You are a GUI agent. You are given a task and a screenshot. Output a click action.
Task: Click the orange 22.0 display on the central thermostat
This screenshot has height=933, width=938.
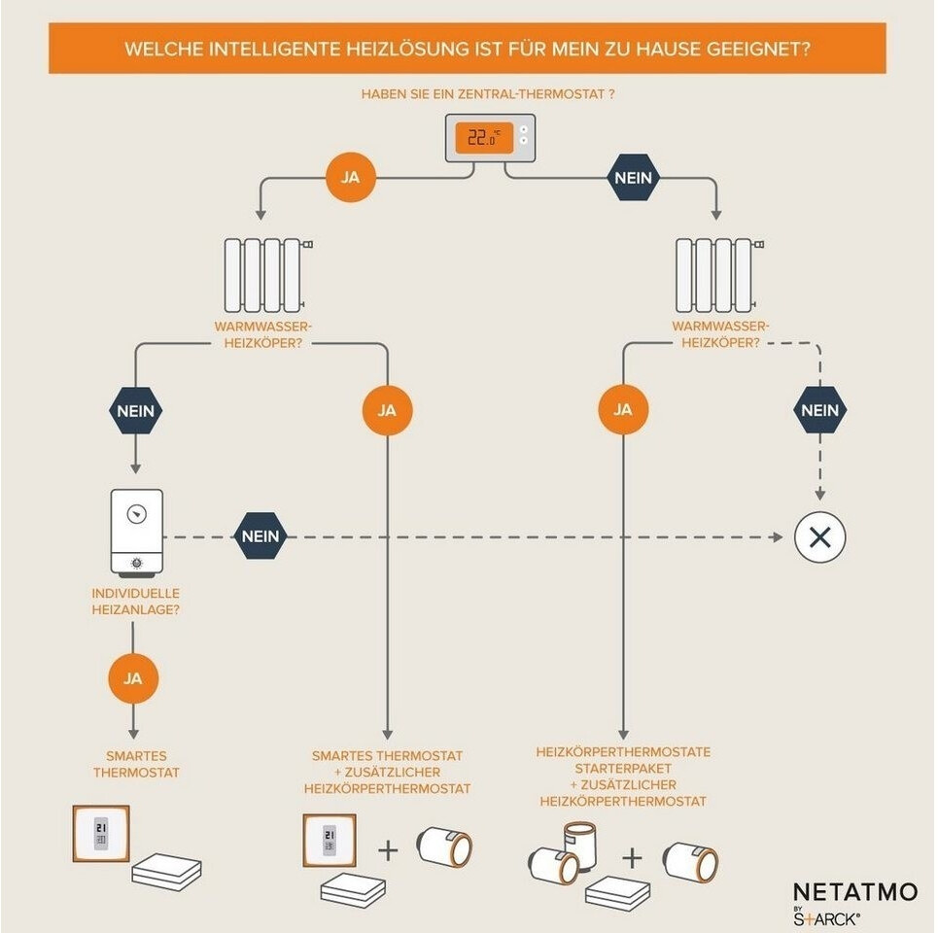[x=484, y=138]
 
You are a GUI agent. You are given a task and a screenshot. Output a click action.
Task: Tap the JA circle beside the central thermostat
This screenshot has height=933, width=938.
[x=351, y=178]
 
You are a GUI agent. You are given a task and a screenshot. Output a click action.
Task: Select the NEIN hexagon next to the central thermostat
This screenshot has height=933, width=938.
[x=633, y=178]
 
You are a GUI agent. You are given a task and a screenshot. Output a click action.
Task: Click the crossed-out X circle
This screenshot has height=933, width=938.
[x=819, y=537]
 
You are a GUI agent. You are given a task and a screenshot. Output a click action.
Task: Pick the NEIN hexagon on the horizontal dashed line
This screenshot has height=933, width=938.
[x=261, y=536]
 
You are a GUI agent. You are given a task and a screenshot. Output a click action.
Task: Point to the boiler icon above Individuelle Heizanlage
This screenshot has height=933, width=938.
[x=136, y=533]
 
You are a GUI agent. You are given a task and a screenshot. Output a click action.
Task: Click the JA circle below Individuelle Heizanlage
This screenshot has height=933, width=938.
[x=133, y=678]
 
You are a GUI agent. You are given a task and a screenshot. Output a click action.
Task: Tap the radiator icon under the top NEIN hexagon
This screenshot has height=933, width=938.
[x=719, y=274]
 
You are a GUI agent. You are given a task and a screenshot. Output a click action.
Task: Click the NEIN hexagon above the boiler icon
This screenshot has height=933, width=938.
[x=136, y=411]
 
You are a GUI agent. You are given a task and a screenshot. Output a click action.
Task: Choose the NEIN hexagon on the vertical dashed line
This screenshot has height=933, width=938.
[x=819, y=410]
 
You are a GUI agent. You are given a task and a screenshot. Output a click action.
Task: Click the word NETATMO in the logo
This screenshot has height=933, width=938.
[x=854, y=892]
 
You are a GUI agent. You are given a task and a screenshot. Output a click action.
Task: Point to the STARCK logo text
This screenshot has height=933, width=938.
[x=827, y=918]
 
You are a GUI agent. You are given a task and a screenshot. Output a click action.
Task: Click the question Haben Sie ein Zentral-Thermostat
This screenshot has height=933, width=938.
[x=488, y=94]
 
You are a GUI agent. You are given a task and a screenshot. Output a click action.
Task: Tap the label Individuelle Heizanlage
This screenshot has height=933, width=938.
[x=135, y=602]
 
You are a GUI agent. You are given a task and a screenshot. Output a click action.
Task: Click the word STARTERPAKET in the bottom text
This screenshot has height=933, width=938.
[x=623, y=768]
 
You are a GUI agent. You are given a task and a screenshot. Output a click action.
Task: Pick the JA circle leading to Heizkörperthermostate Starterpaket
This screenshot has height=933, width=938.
[x=623, y=410]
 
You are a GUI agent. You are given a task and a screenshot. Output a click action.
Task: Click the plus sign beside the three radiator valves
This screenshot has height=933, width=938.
[x=632, y=858]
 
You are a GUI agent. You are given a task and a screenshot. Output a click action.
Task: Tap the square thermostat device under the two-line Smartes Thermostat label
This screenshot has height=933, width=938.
[x=101, y=834]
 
